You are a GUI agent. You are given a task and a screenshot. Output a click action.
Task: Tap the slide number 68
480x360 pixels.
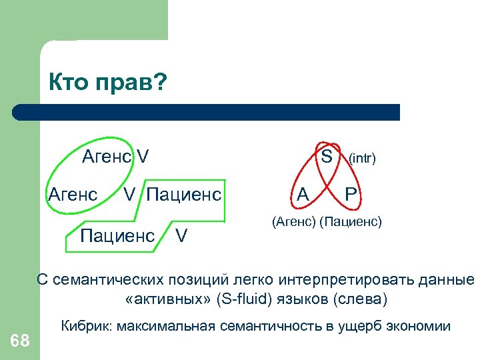pos(20,341)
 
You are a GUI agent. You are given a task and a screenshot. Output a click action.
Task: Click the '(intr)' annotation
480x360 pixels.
pos(363,158)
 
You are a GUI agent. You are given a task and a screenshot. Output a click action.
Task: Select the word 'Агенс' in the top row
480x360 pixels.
pos(107,157)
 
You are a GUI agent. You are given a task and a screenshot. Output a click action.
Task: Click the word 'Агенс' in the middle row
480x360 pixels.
pos(73,195)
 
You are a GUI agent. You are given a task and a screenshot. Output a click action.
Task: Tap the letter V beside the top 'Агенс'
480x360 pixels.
pos(143,157)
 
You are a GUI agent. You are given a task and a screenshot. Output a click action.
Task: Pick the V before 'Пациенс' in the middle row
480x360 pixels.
pos(130,195)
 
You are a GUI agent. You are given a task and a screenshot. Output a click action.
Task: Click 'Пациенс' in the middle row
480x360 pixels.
pos(183,195)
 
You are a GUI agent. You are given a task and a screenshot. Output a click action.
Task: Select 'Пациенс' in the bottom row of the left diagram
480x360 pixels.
pos(117,235)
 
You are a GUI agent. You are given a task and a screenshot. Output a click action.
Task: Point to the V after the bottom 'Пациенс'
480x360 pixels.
pos(181,235)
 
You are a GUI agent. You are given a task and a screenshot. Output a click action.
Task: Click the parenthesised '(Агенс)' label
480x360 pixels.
pos(294,221)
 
